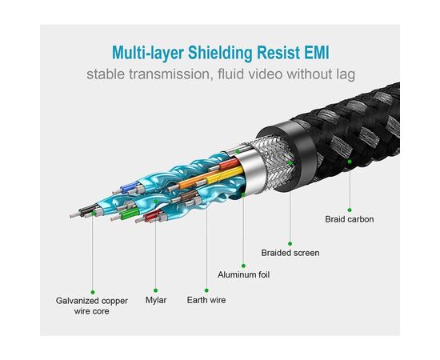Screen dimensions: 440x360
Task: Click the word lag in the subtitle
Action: point(346,75)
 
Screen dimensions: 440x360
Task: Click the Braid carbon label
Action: point(350,219)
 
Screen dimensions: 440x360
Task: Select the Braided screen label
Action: point(290,253)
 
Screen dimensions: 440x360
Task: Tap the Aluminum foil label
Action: point(243,274)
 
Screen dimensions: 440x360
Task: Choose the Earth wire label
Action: point(206,300)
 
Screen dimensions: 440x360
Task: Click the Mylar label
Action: point(156,300)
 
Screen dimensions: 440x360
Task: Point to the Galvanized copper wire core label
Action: point(92,306)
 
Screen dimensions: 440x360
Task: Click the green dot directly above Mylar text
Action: point(156,290)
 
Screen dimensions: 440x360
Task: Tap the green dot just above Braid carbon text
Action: point(350,210)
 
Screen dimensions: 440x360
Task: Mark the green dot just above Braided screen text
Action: point(290,243)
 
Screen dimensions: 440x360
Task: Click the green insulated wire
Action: point(130,214)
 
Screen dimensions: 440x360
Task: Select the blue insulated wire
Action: point(130,186)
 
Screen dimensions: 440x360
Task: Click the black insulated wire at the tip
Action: point(88,210)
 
